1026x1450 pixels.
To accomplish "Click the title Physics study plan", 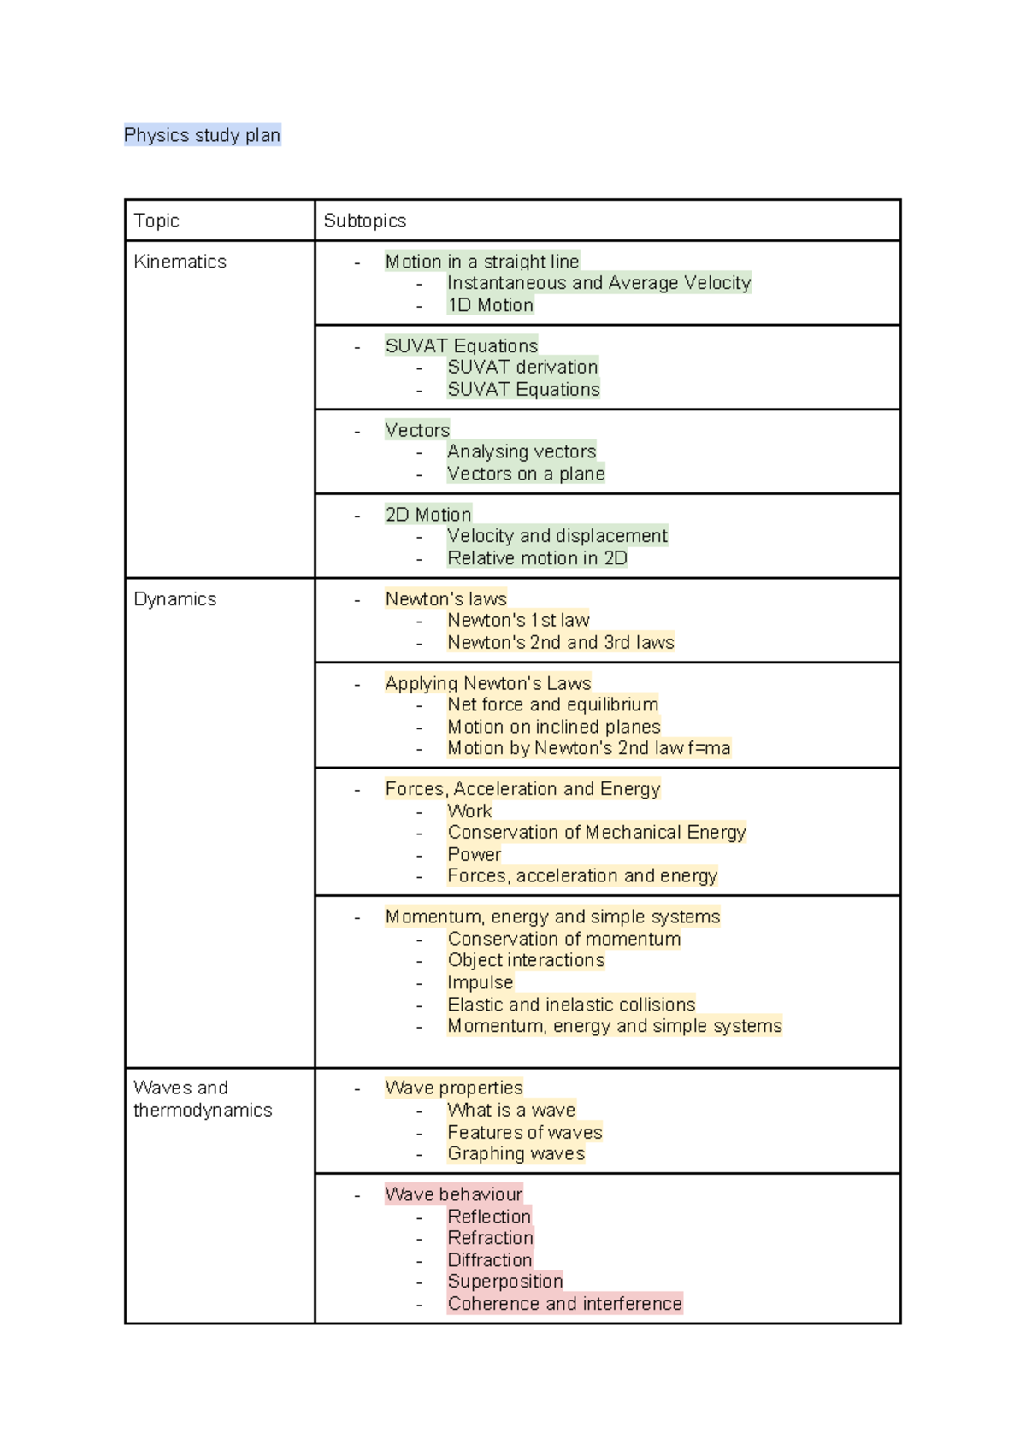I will click(202, 135).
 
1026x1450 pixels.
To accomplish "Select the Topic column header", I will click(156, 221).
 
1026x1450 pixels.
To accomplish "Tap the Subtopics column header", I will click(365, 221).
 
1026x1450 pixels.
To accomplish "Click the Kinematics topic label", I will click(180, 262).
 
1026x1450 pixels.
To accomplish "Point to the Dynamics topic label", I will click(175, 599).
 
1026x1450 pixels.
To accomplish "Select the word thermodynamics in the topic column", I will click(203, 1110).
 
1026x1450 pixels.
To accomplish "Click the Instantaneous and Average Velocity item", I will click(598, 283).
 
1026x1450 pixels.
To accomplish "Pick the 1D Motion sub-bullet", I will click(491, 305).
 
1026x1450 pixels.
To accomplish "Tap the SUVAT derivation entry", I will click(522, 367).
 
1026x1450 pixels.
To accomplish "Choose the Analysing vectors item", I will click(522, 451).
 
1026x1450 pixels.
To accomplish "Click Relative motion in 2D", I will click(537, 558).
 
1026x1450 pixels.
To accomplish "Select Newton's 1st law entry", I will click(518, 620).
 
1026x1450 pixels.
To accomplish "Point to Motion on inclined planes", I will click(554, 727).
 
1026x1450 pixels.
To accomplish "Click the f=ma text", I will click(709, 748).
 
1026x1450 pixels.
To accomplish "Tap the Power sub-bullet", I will click(475, 854).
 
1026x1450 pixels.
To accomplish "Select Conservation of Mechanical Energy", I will click(597, 832).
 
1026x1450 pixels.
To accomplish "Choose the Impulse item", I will click(481, 982).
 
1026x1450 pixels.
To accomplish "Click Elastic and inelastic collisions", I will click(571, 1005).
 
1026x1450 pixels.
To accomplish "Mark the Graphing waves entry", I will click(516, 1153).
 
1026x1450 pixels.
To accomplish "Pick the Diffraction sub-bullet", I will click(490, 1260).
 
